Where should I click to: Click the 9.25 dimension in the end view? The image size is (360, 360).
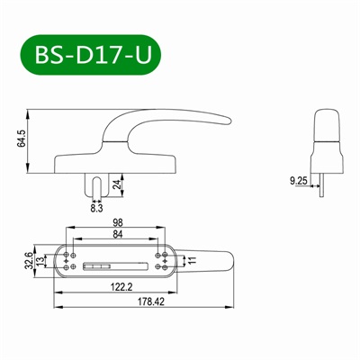tap(299, 181)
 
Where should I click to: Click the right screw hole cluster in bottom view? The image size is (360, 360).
tap(162, 260)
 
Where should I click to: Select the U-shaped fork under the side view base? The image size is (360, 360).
tap(97, 183)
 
